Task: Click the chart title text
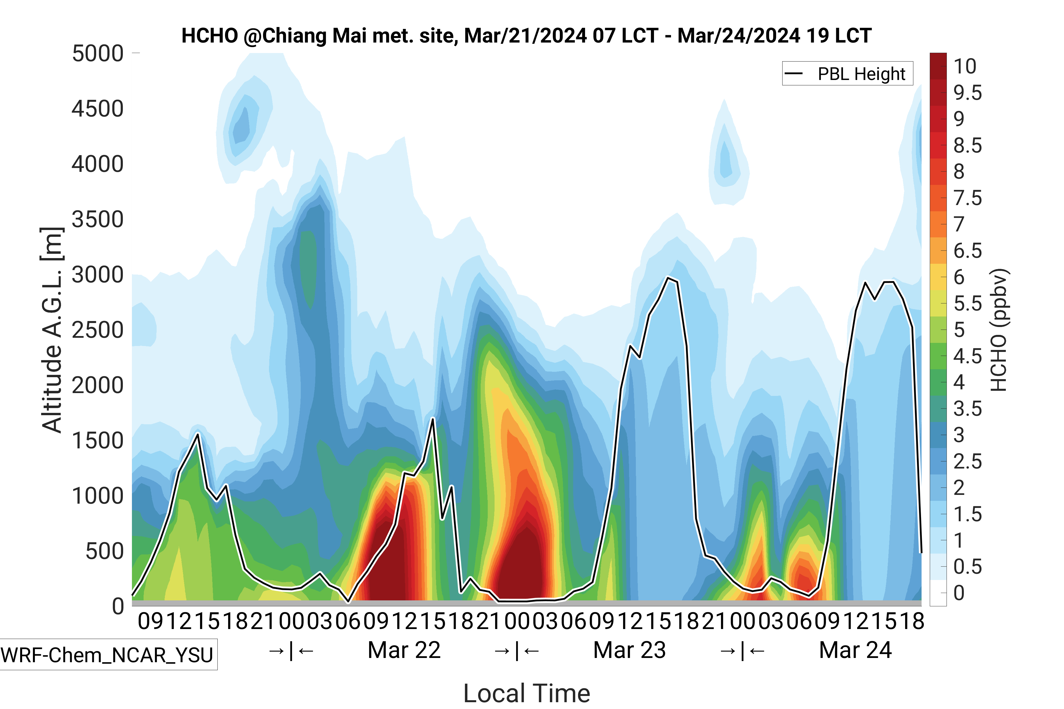[526, 36]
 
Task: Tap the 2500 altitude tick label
[98, 330]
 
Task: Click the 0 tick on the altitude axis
[118, 606]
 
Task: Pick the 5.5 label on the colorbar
[967, 304]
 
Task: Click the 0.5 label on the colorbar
[967, 567]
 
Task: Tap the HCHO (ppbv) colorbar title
[999, 330]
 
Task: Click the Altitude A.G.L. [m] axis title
[52, 330]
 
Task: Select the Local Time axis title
[527, 693]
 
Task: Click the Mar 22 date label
[404, 651]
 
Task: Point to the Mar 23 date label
[629, 651]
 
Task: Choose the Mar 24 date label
[855, 651]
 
